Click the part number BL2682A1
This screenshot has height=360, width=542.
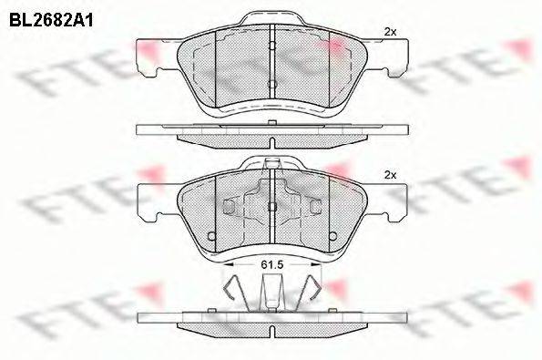pyautogui.click(x=51, y=21)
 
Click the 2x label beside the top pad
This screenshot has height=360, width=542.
pyautogui.click(x=390, y=32)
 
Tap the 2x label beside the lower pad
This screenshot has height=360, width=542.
pyautogui.click(x=390, y=175)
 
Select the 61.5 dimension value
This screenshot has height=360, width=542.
pyautogui.click(x=272, y=265)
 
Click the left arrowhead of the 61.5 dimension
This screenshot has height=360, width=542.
pyautogui.click(x=228, y=264)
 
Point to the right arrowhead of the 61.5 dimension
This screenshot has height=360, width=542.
pyautogui.click(x=316, y=264)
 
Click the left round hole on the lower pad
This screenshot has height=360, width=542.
pyautogui.click(x=211, y=236)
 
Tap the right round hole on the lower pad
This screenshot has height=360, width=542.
pyautogui.click(x=332, y=236)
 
